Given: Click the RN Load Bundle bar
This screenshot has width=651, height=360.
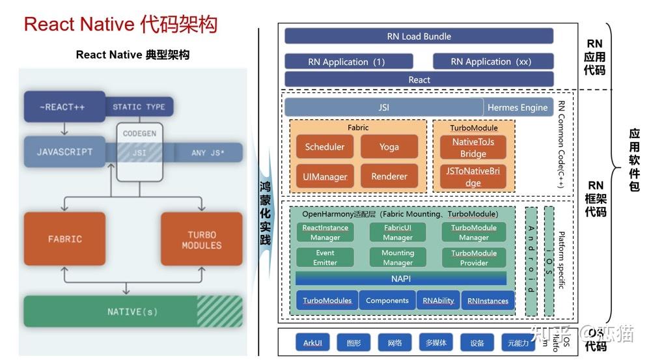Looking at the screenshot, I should (419, 36).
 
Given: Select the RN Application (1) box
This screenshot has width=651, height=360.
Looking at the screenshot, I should (348, 62).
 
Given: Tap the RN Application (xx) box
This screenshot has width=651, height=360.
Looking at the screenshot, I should (493, 62).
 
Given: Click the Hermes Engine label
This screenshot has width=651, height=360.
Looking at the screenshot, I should (518, 107).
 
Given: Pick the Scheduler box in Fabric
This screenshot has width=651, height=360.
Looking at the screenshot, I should (325, 147).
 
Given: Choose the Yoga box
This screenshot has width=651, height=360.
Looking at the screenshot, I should (389, 147).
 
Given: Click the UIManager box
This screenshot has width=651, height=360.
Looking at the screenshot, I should (325, 176).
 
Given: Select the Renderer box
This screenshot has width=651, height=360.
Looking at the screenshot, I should (389, 176).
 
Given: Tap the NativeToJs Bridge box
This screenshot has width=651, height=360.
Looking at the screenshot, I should (473, 148).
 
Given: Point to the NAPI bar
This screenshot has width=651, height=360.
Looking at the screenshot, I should (401, 278).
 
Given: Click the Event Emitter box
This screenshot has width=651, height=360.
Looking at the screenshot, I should (325, 258).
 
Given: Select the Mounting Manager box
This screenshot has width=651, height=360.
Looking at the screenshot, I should (398, 258).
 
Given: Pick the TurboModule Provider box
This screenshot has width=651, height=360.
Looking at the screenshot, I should (474, 258).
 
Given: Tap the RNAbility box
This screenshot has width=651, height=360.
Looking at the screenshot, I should (438, 301).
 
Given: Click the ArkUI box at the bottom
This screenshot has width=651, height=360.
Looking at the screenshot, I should (312, 342).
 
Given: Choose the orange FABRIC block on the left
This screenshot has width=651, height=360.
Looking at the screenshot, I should (65, 239).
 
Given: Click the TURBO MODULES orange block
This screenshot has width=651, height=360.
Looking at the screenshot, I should (201, 239).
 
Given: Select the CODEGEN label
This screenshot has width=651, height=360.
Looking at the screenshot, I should (139, 133).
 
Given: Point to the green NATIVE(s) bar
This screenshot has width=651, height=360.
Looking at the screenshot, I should (133, 312).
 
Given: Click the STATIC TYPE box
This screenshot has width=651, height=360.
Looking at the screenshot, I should (139, 107).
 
